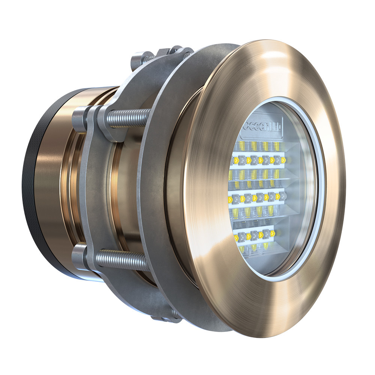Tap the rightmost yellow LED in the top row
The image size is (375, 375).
pos(283,160)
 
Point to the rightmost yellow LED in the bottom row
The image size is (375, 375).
pos(273,234)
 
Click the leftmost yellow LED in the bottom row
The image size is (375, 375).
pos(237,237)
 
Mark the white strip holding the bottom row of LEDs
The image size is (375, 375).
pos(255,232)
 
